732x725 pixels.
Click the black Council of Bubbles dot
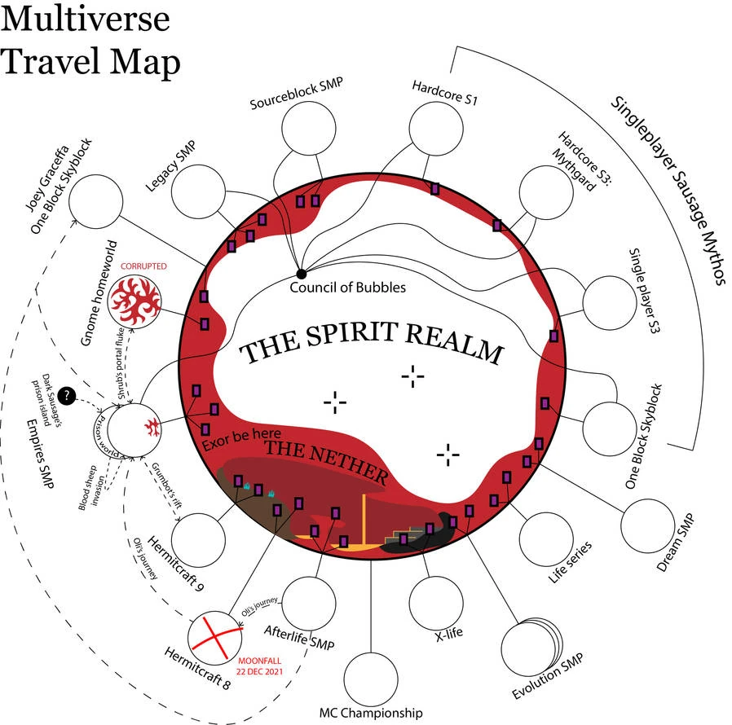click(301, 273)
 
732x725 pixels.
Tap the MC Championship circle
click(372, 674)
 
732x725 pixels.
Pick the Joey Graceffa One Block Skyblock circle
click(96, 201)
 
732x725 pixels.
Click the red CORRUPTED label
click(143, 266)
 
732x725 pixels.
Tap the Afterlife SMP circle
click(312, 604)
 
